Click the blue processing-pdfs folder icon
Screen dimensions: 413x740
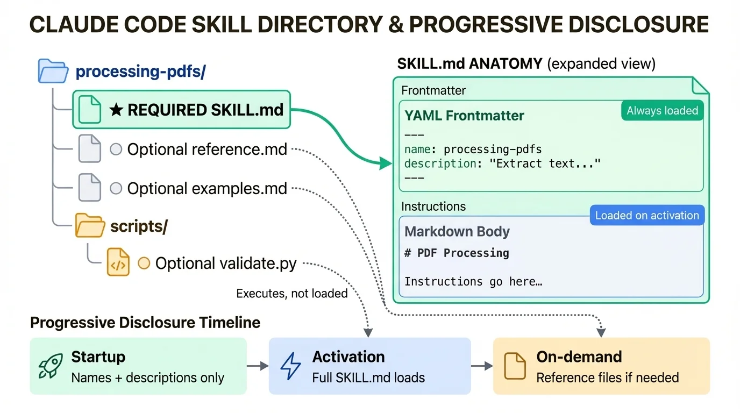53,72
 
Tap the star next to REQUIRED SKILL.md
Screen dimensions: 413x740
116,110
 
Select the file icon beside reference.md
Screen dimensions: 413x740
90,149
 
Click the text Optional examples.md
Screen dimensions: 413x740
207,189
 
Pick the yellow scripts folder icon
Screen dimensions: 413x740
89,226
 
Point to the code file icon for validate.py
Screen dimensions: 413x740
118,263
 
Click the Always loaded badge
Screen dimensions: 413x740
662,111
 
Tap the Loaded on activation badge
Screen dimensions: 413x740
646,216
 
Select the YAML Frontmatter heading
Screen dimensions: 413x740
464,116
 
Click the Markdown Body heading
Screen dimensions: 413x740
457,232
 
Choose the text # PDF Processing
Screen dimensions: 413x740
457,253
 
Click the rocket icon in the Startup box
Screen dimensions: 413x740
51,366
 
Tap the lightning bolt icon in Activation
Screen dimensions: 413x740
291,366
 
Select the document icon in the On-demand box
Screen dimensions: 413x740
515,366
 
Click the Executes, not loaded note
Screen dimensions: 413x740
292,293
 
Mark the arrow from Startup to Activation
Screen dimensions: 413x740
258,366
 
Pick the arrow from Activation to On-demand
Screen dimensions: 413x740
482,366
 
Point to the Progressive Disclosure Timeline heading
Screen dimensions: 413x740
145,323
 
